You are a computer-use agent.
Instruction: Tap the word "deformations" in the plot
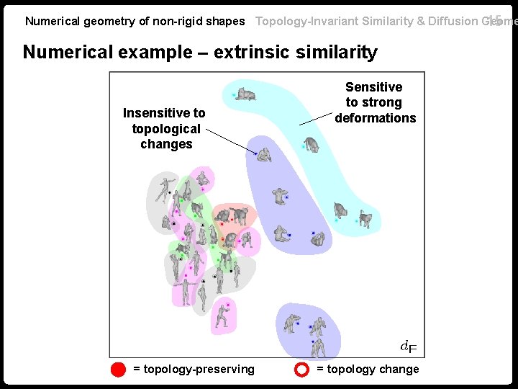[376, 118]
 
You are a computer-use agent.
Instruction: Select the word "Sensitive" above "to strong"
[374, 87]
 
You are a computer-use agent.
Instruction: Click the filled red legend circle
[119, 370]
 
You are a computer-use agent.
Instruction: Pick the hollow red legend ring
[302, 370]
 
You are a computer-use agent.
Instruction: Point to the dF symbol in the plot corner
[408, 347]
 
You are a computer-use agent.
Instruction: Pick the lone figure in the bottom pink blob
[224, 315]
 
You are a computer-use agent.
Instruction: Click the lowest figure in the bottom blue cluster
[318, 347]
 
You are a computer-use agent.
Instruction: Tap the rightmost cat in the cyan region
[366, 218]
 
